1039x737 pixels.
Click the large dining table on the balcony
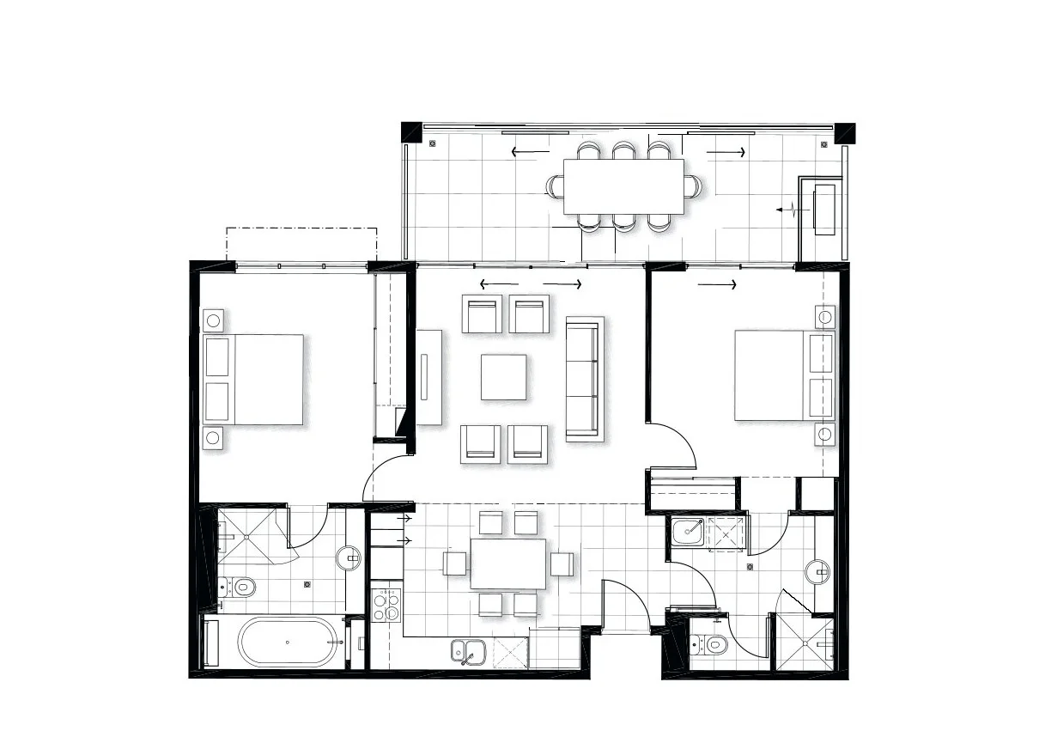(x=623, y=186)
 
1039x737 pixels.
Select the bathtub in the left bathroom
(x=288, y=642)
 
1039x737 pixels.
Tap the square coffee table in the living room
(x=503, y=377)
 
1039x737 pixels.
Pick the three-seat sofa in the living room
(x=585, y=379)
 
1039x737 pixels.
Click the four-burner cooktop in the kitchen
(x=386, y=604)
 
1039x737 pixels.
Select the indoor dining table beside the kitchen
(x=508, y=563)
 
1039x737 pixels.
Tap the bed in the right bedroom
(x=783, y=375)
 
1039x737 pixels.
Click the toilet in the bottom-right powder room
(x=709, y=643)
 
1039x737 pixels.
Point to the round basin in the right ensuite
(x=817, y=571)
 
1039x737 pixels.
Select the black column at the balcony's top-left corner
(x=410, y=131)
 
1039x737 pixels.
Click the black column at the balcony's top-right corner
(x=846, y=132)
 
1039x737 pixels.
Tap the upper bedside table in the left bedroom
(x=214, y=321)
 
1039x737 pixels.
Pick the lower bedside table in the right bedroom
(x=824, y=434)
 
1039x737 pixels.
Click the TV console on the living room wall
(x=428, y=376)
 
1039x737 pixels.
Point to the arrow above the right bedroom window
(x=717, y=284)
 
